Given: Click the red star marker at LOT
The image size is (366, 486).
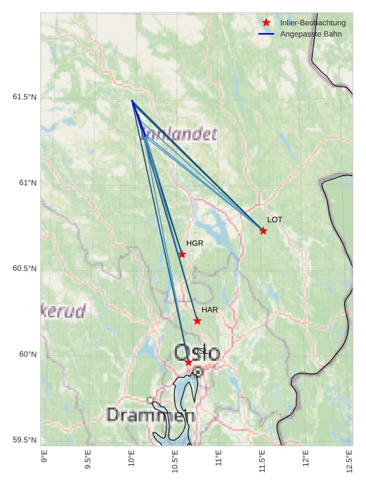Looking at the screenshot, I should click(x=263, y=231).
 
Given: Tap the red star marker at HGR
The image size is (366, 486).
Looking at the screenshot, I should click(x=182, y=255).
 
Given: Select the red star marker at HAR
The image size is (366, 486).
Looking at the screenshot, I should click(x=197, y=321).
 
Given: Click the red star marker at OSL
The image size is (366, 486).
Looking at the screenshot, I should click(x=188, y=362).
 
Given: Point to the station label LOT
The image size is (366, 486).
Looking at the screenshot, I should click(x=275, y=220).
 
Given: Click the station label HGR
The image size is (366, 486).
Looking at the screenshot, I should click(x=195, y=243).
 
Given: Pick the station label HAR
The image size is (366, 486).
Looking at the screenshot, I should click(x=210, y=309).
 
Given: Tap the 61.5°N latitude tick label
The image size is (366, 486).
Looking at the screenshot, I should click(x=25, y=97).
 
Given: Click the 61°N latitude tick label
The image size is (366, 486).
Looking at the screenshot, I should click(x=28, y=183).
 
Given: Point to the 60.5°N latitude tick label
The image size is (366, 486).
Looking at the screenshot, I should click(x=25, y=269).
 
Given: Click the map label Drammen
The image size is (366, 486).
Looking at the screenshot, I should click(x=150, y=416).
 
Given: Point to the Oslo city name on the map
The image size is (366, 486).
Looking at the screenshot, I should click(x=197, y=352).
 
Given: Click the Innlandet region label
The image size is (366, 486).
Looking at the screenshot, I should click(x=179, y=134).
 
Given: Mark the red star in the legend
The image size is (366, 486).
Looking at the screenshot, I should click(x=266, y=23).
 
